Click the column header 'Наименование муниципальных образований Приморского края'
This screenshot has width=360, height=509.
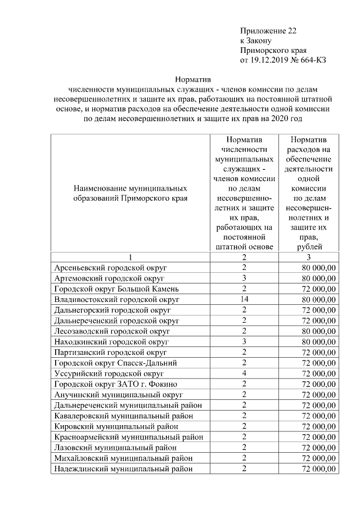130,193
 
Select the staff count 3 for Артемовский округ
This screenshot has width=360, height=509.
244,278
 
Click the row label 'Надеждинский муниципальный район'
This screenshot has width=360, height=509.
123,468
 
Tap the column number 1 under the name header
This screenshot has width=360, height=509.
130,257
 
